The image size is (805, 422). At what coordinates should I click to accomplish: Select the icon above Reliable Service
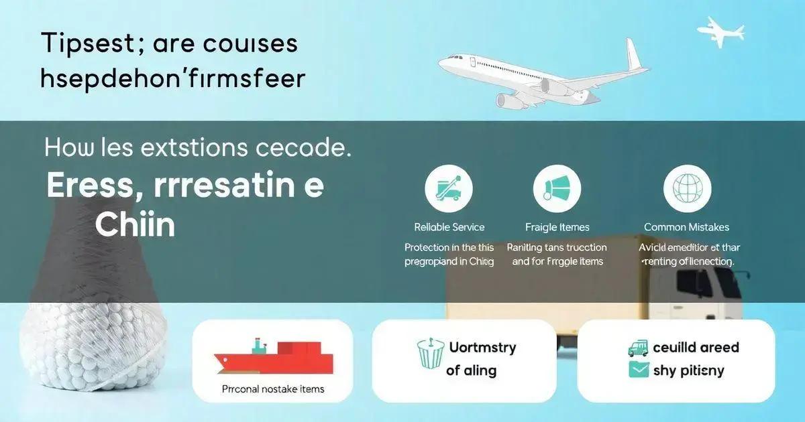(x=449, y=189)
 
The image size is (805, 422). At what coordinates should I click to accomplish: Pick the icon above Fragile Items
(x=557, y=189)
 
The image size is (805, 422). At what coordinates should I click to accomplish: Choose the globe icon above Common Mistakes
(x=687, y=189)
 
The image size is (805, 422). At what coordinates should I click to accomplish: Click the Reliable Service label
(x=449, y=227)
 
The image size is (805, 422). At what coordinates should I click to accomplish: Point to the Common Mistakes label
(x=686, y=227)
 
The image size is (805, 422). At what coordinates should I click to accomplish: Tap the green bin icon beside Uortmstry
(x=430, y=353)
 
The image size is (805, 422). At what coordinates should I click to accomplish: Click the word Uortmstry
(x=482, y=348)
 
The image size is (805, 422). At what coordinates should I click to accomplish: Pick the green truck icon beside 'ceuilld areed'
(x=639, y=347)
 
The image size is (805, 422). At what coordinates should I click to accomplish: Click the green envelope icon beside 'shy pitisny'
(x=639, y=370)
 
